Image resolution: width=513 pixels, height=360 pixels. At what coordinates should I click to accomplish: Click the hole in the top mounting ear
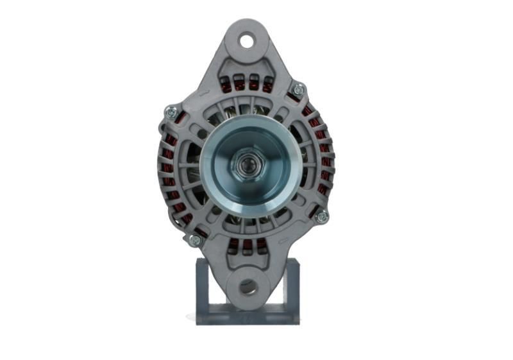coord(247,41)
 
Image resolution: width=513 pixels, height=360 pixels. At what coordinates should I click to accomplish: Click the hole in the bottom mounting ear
coord(248,287)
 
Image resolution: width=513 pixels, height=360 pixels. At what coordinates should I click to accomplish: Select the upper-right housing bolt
coord(298,90)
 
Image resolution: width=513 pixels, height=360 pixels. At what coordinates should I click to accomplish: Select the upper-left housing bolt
coord(171,112)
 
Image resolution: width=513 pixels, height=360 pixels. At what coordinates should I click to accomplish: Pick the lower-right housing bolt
coord(322,216)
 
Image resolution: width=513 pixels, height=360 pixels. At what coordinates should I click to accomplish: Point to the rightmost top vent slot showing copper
coord(267,85)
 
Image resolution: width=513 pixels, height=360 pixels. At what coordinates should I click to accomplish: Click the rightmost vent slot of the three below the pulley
coord(261,244)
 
